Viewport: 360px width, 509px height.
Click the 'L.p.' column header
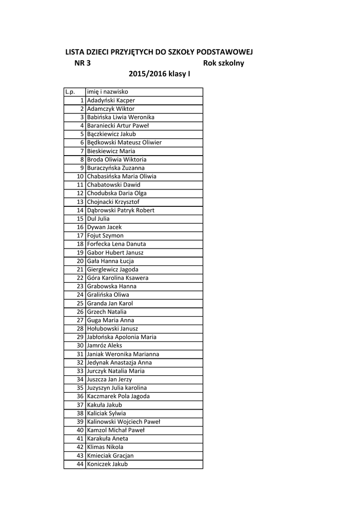coord(70,92)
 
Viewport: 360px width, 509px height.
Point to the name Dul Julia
coord(98,219)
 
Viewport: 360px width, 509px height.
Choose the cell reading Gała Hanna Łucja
coord(110,261)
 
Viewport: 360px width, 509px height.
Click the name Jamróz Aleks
coord(104,345)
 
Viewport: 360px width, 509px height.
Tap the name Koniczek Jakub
coord(107,464)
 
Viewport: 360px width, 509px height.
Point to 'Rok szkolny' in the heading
coord(224,63)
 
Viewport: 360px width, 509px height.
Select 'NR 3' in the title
coord(82,63)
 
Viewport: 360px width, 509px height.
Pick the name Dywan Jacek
coord(104,227)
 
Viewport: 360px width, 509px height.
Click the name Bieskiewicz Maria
coord(111,151)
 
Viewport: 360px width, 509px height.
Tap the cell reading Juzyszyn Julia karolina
coord(117,388)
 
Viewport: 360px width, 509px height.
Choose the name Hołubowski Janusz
coord(112,329)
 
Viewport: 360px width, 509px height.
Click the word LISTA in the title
coord(76,52)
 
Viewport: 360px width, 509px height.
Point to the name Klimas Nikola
coord(105,447)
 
